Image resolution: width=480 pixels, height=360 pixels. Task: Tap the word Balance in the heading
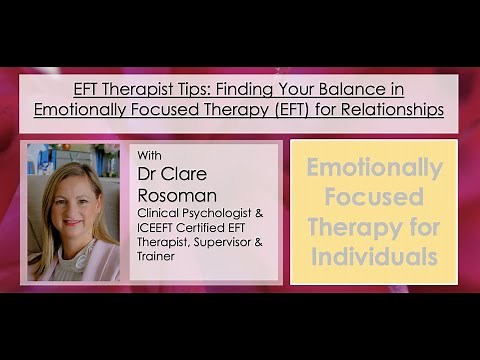click(x=381, y=88)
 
